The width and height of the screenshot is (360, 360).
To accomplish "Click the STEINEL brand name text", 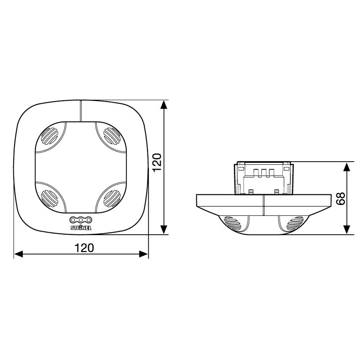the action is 81,228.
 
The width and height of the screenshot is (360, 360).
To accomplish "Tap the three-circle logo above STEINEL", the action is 81,220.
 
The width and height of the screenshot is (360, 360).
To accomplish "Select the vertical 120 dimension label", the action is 157,163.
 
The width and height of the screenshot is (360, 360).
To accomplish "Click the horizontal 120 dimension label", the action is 84,248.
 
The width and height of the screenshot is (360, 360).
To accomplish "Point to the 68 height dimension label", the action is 341,199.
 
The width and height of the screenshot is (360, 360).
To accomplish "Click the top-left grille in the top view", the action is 50,136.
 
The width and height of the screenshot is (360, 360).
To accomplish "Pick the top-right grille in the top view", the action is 112,136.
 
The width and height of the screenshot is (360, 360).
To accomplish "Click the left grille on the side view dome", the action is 233,223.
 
